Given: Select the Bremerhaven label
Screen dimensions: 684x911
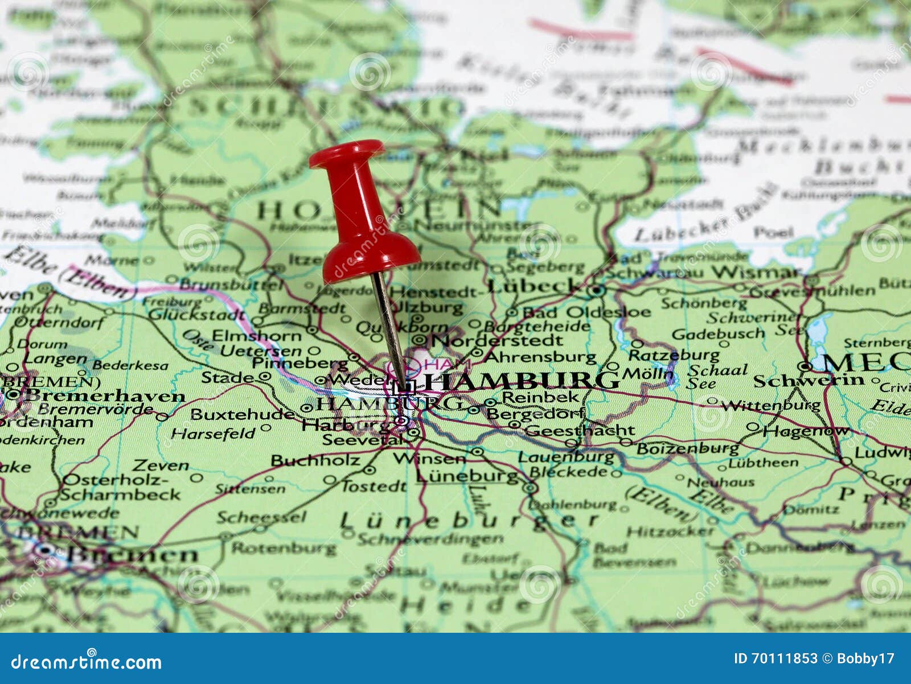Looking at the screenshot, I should click(x=105, y=395).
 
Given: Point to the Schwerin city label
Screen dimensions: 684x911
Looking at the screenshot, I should click(x=809, y=380).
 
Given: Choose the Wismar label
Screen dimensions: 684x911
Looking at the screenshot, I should click(x=757, y=272).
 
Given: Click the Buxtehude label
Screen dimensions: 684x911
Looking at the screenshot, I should click(x=243, y=414).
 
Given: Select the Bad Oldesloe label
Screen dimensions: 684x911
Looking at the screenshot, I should click(x=586, y=312).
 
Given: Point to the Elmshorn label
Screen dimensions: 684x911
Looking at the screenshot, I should click(x=257, y=335).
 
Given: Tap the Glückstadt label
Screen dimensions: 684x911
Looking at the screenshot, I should click(x=196, y=314).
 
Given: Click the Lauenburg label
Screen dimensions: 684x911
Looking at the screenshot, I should click(x=566, y=456).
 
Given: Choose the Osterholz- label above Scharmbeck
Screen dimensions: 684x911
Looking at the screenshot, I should click(x=114, y=480).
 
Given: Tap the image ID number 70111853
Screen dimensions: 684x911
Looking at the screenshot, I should click(x=784, y=658).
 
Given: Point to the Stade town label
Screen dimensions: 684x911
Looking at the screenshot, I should click(x=228, y=377).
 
